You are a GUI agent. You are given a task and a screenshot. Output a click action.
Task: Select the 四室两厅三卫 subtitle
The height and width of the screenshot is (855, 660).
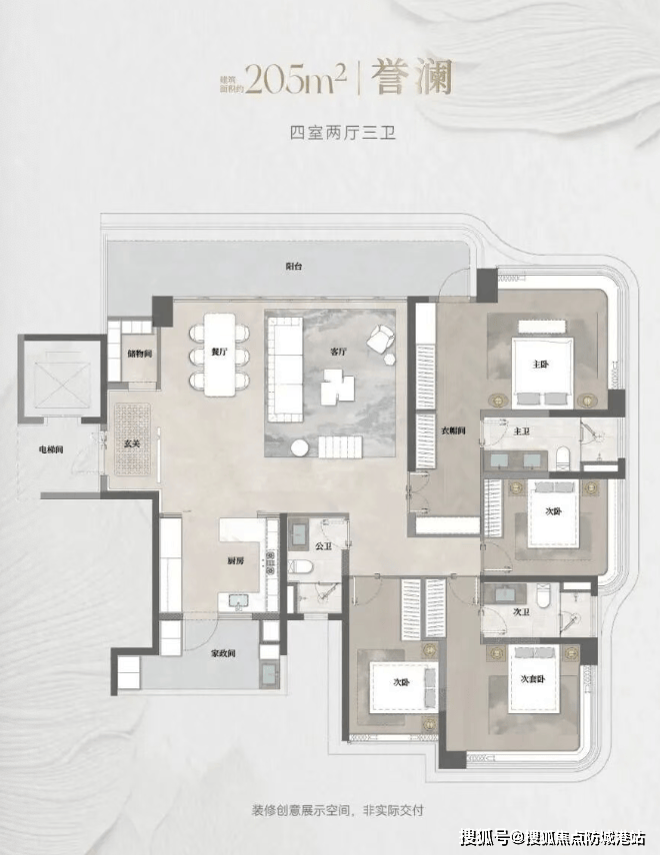330,131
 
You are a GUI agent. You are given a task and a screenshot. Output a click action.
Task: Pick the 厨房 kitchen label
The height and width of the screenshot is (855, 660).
235,560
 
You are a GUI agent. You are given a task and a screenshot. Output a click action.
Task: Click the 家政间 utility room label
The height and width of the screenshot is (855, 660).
222,654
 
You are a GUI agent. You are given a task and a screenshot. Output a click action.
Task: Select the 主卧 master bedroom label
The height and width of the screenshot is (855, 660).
541,364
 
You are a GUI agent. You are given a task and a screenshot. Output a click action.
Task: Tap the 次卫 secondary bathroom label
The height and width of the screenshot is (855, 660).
520,612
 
